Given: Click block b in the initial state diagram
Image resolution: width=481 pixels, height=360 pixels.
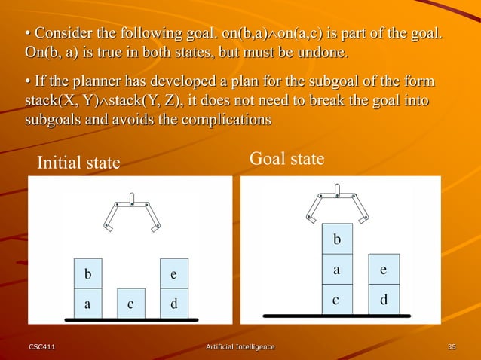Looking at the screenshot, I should click(87, 274).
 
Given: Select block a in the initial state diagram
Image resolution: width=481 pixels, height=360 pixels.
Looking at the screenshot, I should click(87, 304).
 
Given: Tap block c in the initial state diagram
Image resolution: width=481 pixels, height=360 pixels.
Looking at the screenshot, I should click(130, 304).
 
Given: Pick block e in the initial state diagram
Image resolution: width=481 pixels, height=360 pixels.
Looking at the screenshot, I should click(174, 274).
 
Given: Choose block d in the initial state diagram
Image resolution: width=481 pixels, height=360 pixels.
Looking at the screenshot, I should click(174, 304).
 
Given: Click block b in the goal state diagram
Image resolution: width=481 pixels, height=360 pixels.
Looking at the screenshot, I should click(337, 239).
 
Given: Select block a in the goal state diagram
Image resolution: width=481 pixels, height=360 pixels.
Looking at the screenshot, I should click(337, 269).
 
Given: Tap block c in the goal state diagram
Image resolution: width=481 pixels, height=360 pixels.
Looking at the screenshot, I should click(337, 299).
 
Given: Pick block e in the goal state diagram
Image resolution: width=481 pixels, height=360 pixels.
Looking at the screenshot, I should click(384, 269).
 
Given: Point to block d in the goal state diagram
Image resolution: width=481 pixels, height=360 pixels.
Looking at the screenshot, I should click(384, 299).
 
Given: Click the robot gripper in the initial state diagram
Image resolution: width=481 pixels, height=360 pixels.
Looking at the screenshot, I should click(132, 212).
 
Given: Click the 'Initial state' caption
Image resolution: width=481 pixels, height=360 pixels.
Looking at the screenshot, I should click(78, 163).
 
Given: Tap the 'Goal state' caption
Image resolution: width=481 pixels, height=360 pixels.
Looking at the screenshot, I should click(286, 159).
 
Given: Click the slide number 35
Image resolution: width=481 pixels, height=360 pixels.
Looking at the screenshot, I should click(452, 346).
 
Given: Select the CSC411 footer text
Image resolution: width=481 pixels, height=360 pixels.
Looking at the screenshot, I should click(41, 346).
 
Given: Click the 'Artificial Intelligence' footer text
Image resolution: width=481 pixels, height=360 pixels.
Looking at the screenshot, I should click(240, 346).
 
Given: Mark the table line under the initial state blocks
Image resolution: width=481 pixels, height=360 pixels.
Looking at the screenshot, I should click(130, 319).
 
